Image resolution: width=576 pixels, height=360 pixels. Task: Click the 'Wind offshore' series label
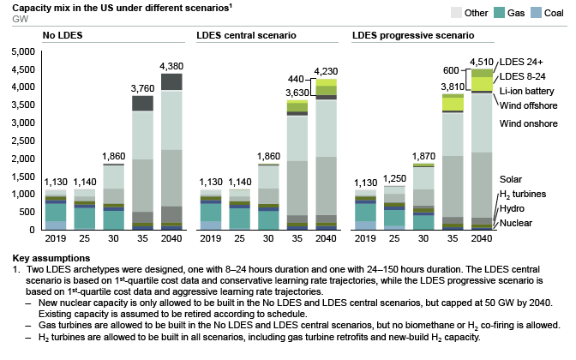coord(528,105)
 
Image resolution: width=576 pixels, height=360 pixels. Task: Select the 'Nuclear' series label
coord(516,223)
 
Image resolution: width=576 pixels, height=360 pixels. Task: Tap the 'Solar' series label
coord(512,179)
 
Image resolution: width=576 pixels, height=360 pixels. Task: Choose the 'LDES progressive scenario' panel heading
coord(412,36)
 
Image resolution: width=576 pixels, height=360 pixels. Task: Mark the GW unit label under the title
coord(11,16)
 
